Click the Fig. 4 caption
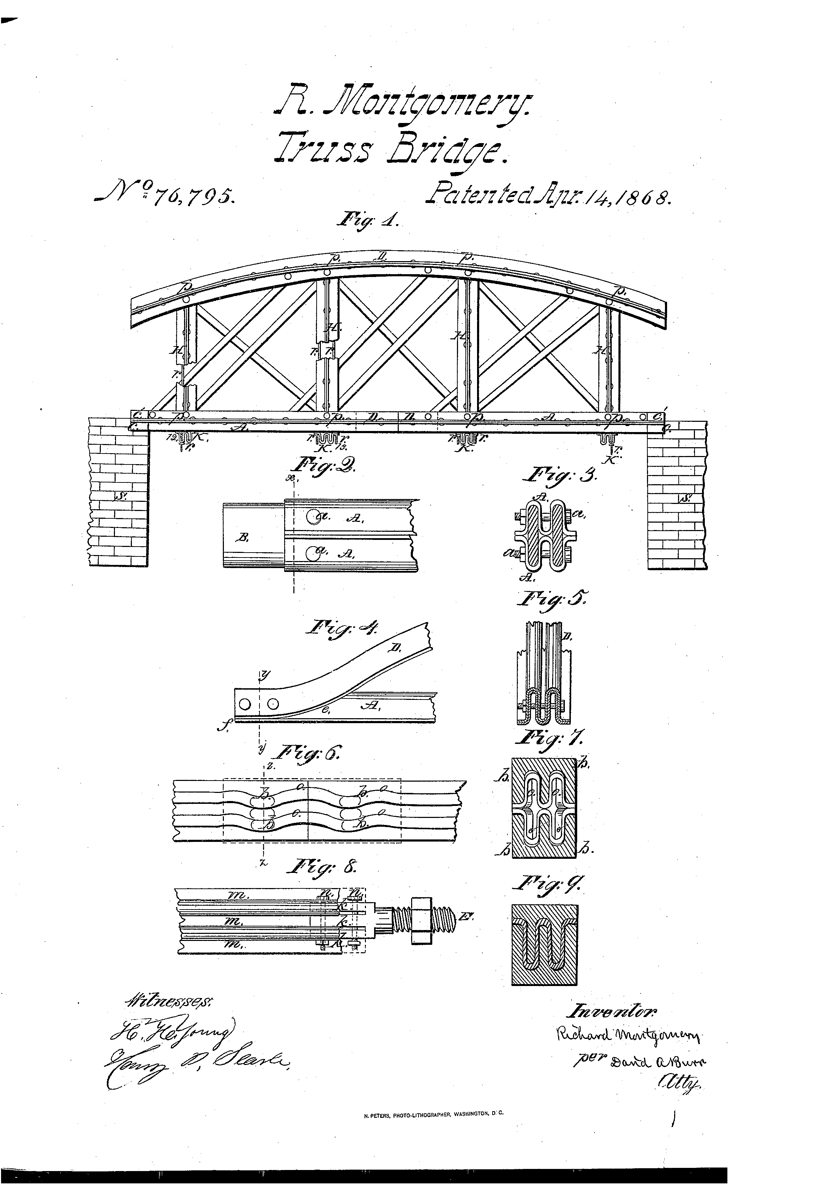tap(343, 628)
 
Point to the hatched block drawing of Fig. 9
tap(544, 944)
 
